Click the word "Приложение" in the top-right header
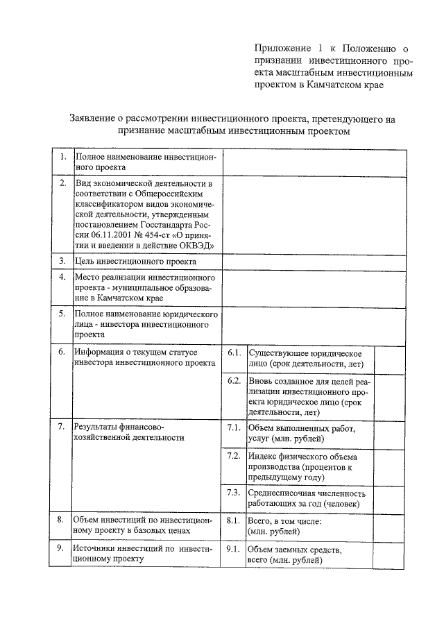(x=280, y=49)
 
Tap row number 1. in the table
(x=62, y=157)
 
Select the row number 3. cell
(x=62, y=262)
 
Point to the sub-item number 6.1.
(x=234, y=353)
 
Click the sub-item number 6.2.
(x=234, y=382)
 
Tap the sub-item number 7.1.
(x=234, y=428)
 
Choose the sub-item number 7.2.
(x=234, y=456)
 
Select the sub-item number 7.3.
(x=234, y=493)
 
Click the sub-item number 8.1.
(x=234, y=520)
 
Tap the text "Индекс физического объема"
(x=302, y=457)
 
